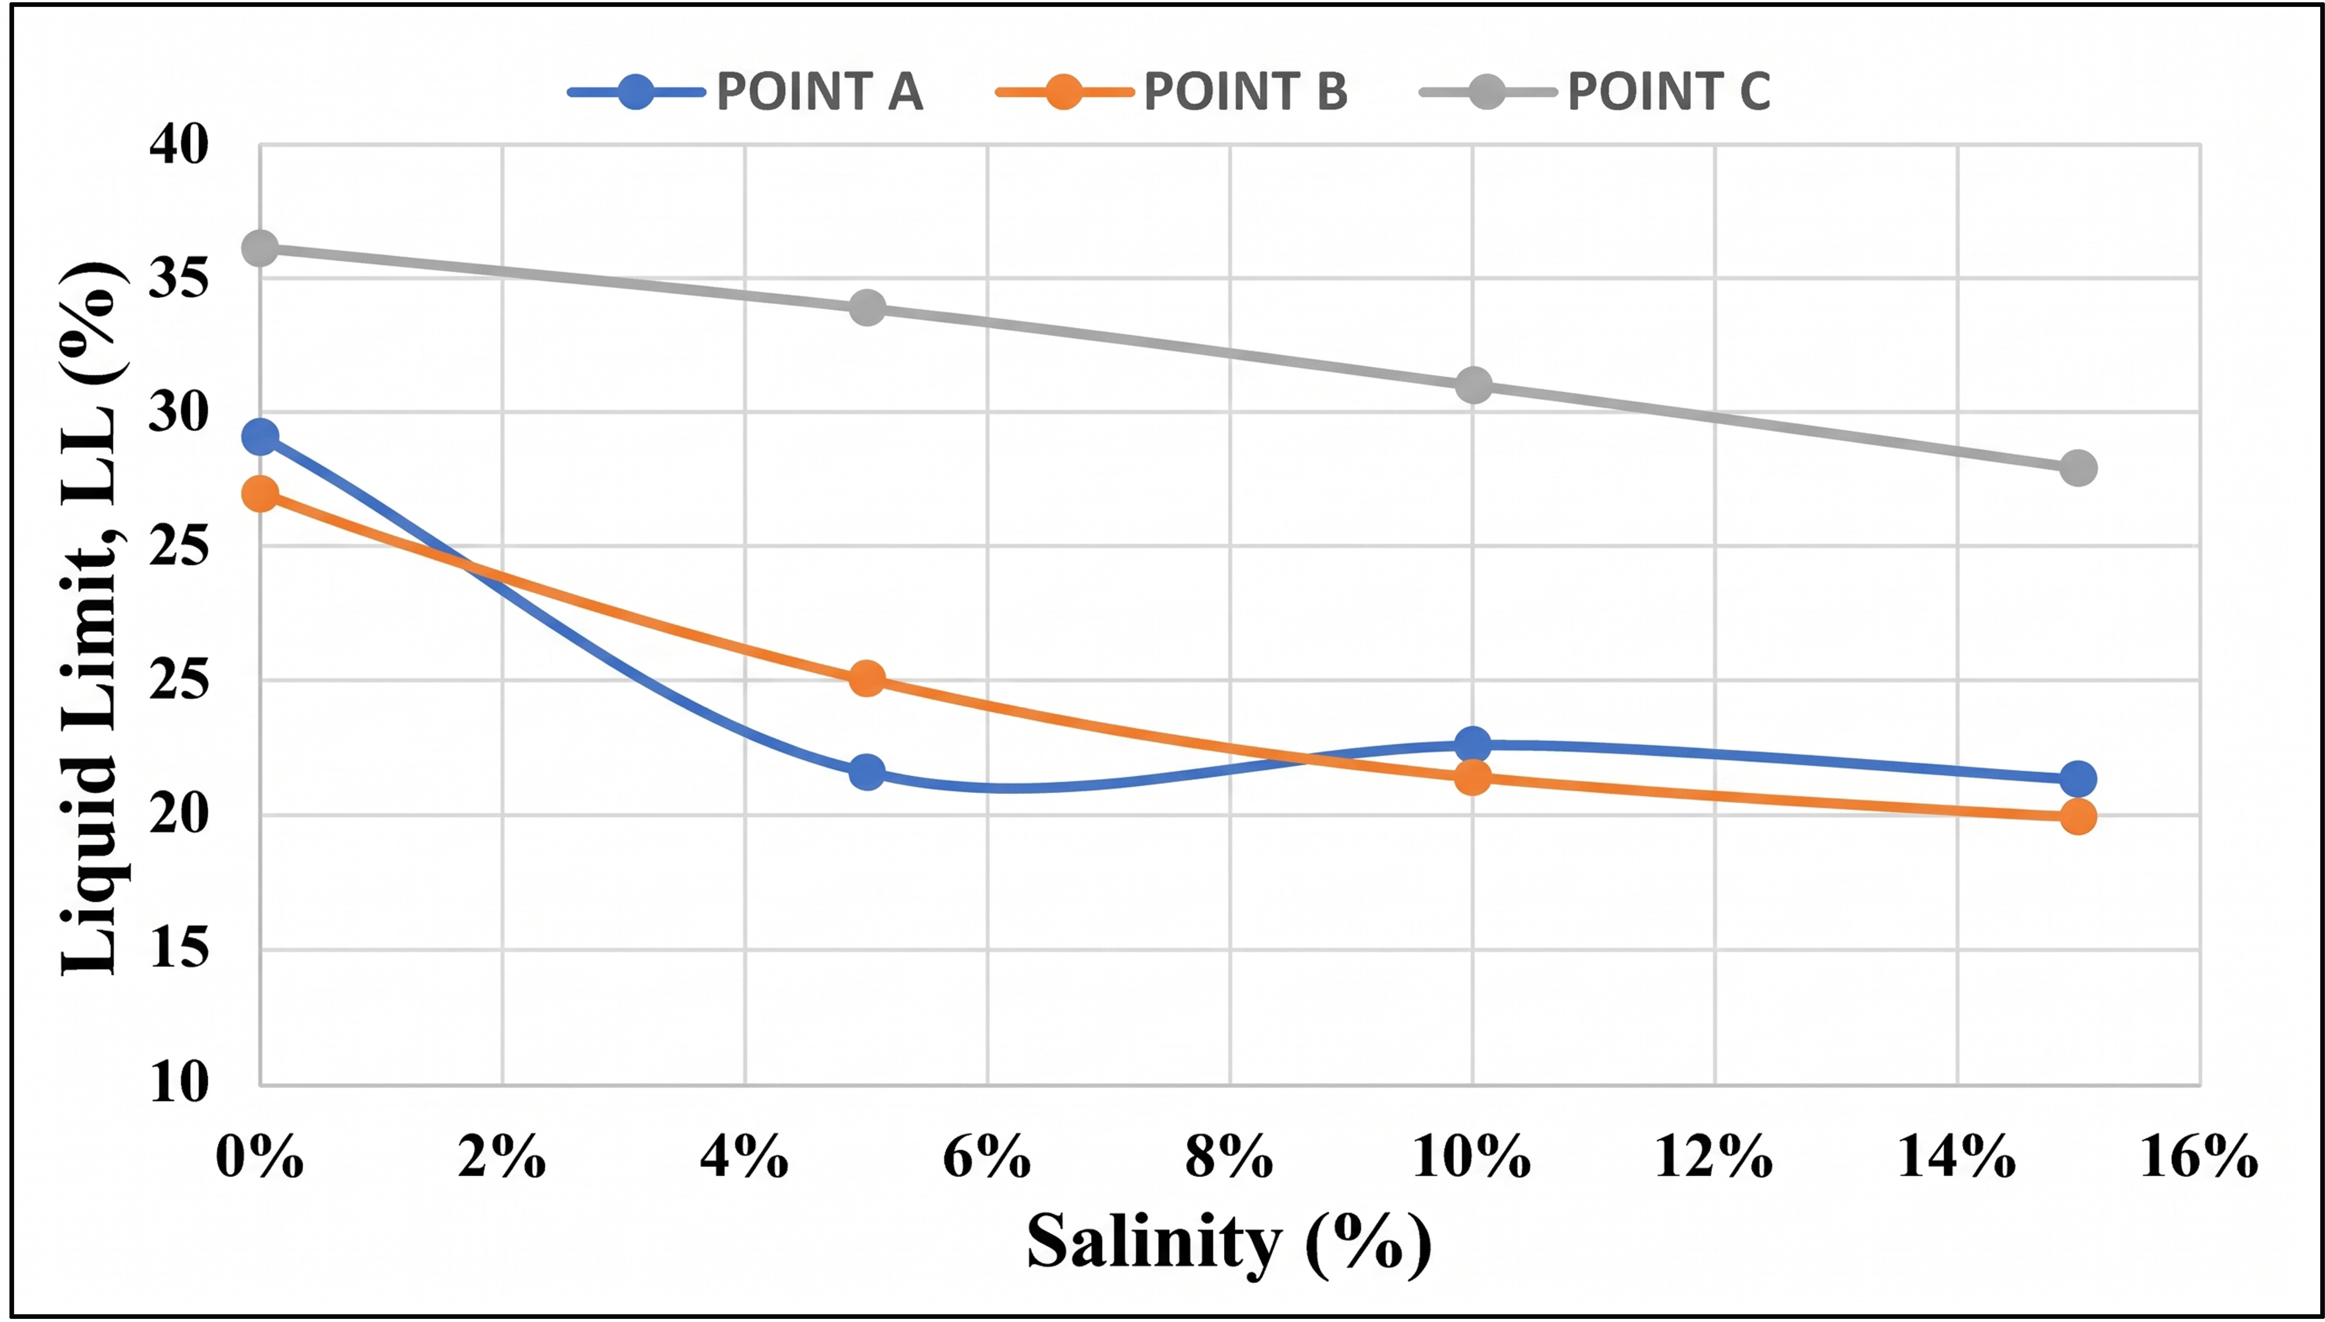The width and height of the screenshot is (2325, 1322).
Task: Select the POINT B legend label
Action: click(1245, 92)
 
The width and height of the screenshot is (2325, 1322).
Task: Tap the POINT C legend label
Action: click(1669, 92)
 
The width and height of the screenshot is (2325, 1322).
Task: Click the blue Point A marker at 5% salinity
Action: click(867, 773)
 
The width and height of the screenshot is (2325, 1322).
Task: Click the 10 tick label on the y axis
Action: click(179, 1082)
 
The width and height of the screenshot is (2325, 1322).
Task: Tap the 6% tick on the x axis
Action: click(987, 1158)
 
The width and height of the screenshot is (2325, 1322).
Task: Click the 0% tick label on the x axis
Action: click(260, 1158)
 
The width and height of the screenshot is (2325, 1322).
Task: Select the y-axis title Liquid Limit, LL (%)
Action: click(91, 619)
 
